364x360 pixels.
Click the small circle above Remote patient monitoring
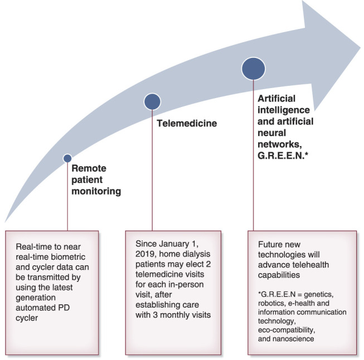tap(67, 158)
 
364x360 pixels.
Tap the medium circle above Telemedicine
tap(152, 101)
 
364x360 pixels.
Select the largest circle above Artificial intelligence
tap(253, 68)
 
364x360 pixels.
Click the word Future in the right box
tap(270, 244)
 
